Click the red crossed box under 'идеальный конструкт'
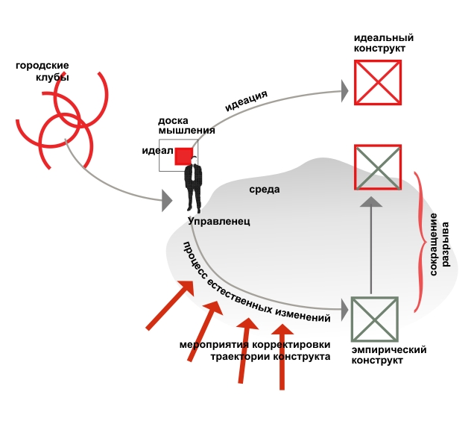(377, 81)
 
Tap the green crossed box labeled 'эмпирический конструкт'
(373, 319)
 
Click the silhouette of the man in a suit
(194, 186)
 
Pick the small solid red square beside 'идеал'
(183, 155)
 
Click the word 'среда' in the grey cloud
(265, 189)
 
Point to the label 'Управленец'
(219, 221)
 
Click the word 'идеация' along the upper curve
(246, 100)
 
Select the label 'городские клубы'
(42, 72)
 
